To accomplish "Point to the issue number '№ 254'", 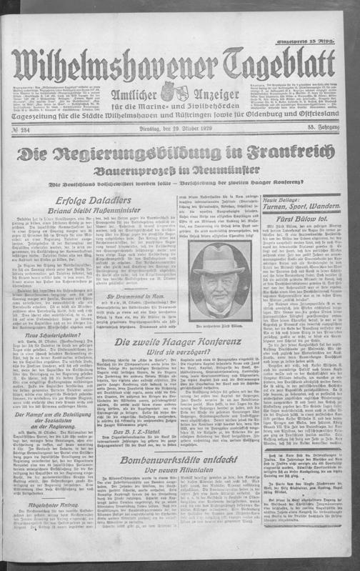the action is [x=25, y=128].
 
